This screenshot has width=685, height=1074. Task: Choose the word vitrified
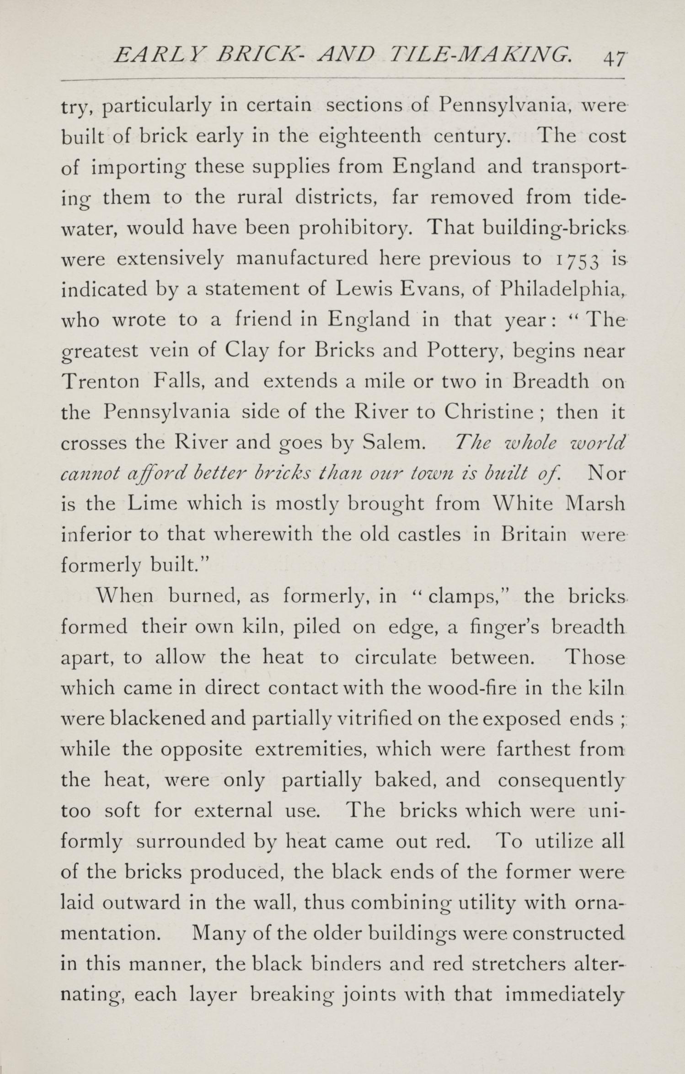point(375,719)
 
